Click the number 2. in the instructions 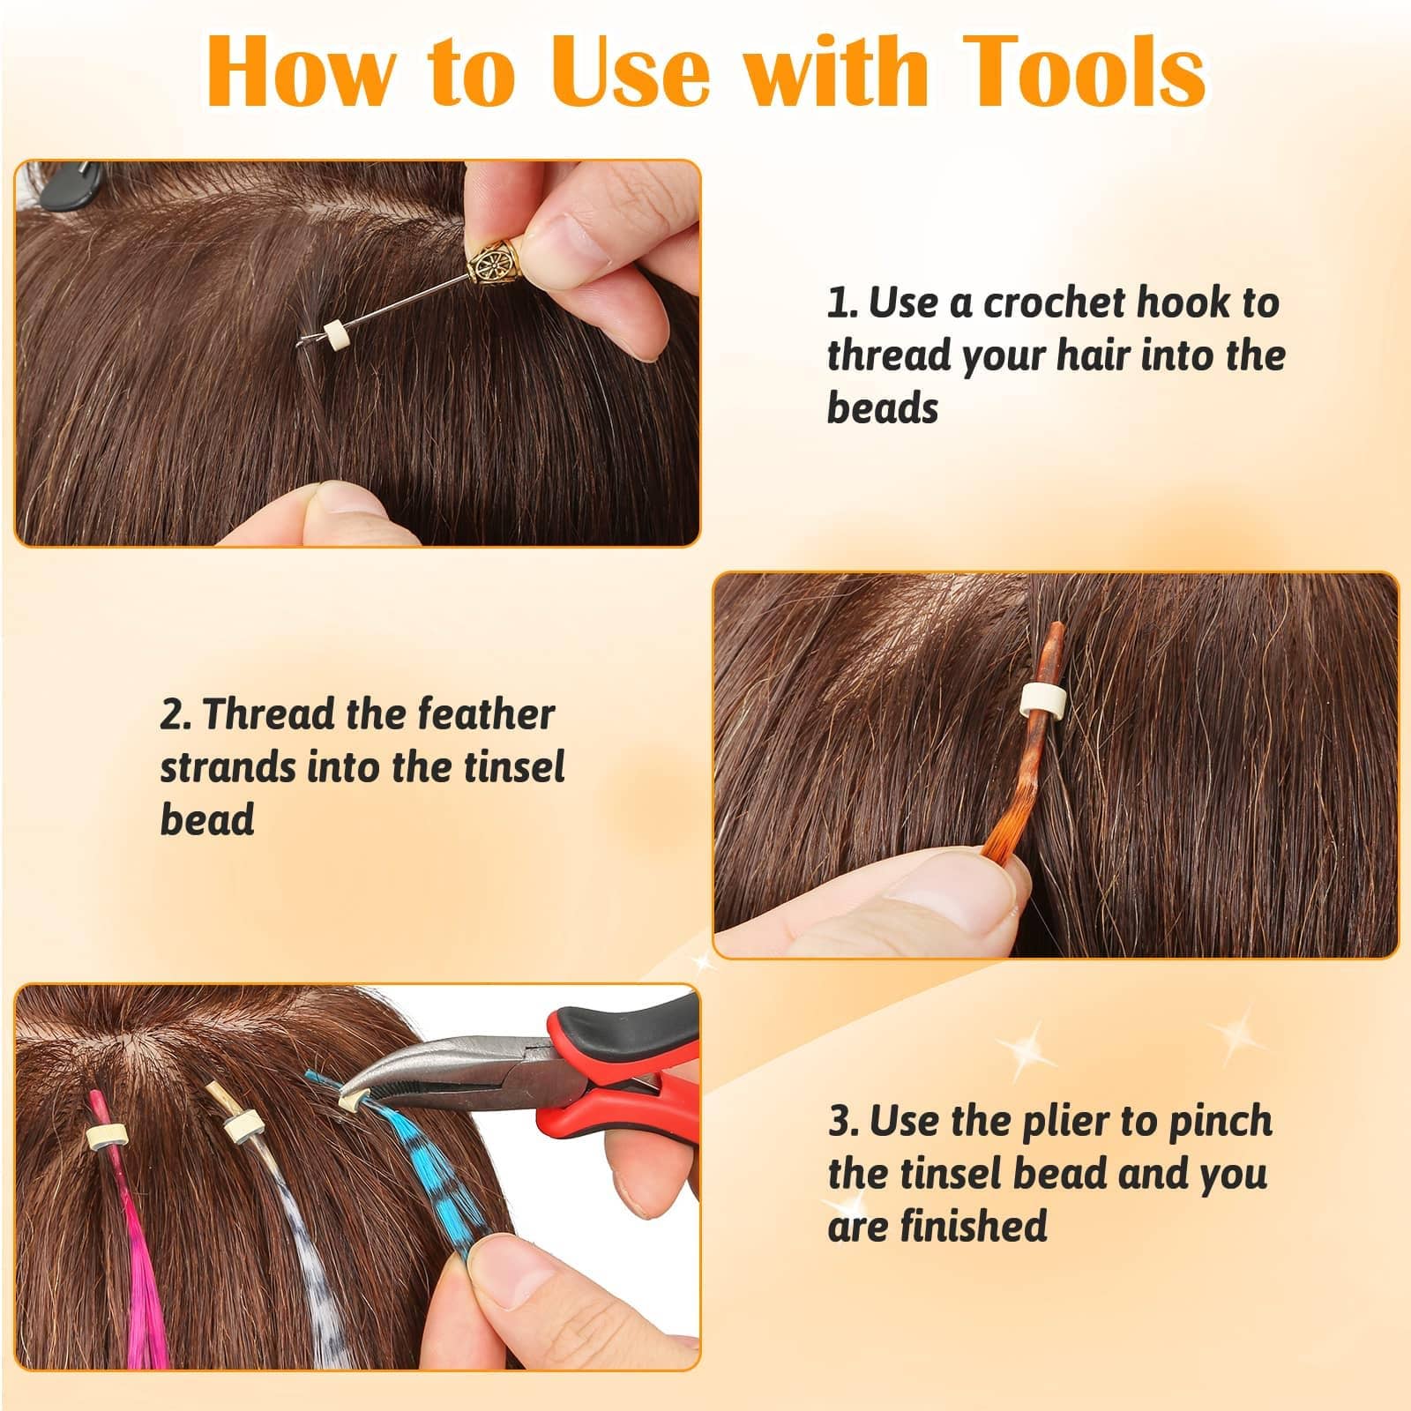tap(177, 715)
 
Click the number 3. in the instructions tap(845, 1122)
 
